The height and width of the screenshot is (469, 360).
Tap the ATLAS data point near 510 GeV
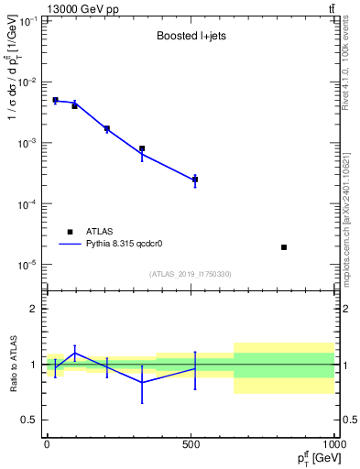click(x=194, y=180)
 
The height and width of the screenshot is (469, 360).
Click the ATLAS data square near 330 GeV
click(x=142, y=148)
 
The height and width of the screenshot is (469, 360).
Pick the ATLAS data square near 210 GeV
click(x=107, y=129)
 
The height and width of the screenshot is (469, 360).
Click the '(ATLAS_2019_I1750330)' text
click(x=190, y=274)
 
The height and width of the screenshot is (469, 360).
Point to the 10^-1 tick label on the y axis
click(x=27, y=21)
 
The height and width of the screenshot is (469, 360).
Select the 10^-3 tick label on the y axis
click(x=27, y=143)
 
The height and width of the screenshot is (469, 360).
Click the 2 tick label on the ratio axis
click(x=35, y=309)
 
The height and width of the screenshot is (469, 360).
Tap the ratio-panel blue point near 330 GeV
click(x=142, y=382)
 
